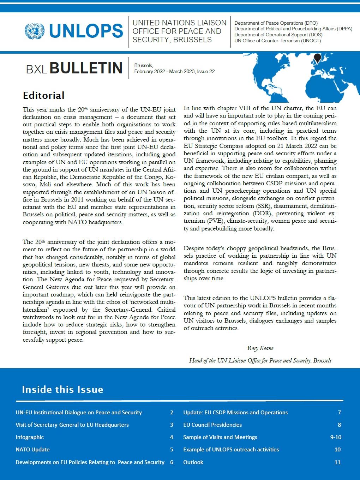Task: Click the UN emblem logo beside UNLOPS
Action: tap(34, 31)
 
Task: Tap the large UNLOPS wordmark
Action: tap(86, 31)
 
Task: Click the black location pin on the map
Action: tap(318, 58)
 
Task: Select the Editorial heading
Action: tap(43, 95)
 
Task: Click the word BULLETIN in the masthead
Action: tap(86, 68)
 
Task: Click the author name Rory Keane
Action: tap(260, 348)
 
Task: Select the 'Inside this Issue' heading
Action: tap(62, 389)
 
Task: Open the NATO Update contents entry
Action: tap(32, 449)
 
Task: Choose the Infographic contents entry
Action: tap(30, 437)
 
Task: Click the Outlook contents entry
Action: tap(193, 462)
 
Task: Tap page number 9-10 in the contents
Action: tap(336, 437)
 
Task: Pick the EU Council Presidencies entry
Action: tap(212, 425)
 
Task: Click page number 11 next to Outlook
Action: tap(337, 462)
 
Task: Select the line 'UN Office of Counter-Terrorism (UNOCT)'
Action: tap(277, 41)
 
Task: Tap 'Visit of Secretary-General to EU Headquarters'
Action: tap(72, 425)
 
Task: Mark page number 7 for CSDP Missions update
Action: tap(339, 412)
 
